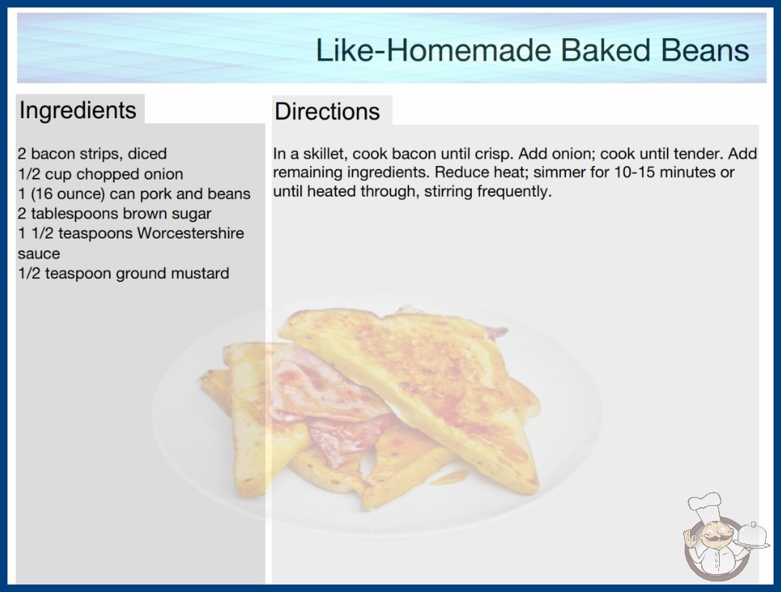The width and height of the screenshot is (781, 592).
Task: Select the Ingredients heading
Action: [78, 111]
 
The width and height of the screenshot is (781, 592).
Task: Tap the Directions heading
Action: [327, 111]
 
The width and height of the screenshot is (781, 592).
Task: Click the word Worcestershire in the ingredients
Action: [190, 233]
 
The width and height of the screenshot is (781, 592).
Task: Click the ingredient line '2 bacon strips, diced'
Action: [92, 154]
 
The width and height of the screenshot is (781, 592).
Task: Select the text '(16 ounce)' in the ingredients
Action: [67, 194]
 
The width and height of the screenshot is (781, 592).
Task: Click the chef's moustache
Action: [712, 537]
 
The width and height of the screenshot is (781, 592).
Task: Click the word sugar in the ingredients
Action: [191, 215]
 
